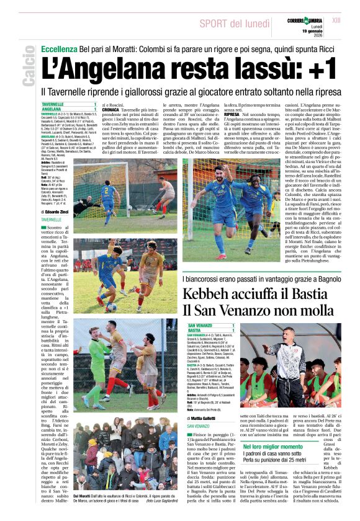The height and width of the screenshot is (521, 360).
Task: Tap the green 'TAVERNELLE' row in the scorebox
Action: coord(69,104)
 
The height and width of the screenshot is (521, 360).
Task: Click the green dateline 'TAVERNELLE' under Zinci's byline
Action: coord(53,220)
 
